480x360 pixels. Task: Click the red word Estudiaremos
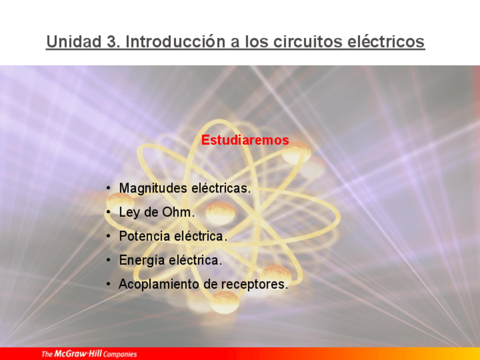coord(245,140)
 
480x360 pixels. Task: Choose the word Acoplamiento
coord(158,284)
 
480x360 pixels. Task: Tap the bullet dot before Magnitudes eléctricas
coord(109,188)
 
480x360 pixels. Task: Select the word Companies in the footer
coord(120,354)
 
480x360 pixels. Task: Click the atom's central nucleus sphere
coord(220,213)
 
